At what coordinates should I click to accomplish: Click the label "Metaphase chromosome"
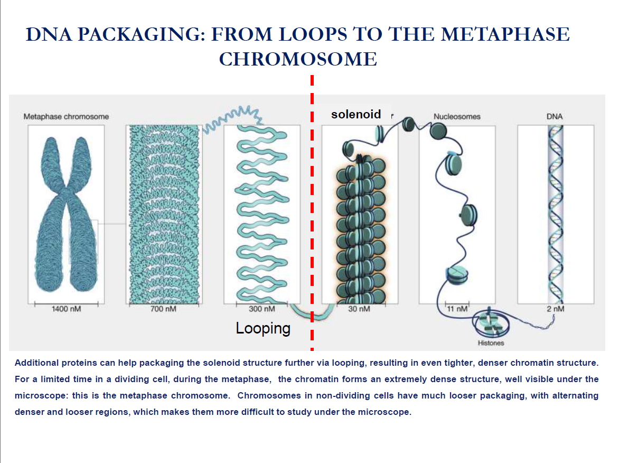[66, 116]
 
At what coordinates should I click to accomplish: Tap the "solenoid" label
[356, 114]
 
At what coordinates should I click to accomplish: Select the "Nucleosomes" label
[457, 116]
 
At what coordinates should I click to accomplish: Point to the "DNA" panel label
[555, 116]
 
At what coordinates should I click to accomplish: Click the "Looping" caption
[263, 328]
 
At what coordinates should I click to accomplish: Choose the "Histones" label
[491, 343]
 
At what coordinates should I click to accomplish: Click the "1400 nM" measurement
[66, 309]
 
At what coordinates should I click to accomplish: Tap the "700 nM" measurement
[163, 309]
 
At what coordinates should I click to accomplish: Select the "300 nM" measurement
[262, 309]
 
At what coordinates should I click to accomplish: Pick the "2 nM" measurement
[556, 309]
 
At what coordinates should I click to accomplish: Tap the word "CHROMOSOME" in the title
[298, 59]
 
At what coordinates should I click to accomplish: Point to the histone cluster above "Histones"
[492, 323]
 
